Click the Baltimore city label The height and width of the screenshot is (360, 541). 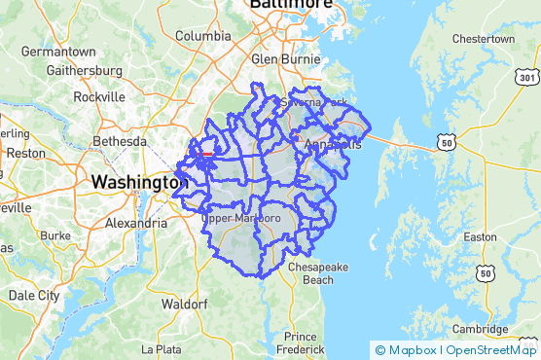point(291,5)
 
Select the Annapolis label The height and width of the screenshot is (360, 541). point(334,144)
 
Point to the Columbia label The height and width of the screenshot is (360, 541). point(203,36)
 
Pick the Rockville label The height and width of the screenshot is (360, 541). point(99,97)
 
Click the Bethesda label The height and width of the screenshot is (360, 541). point(119,141)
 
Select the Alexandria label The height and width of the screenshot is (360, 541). point(135,223)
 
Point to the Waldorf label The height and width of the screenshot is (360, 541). point(184,304)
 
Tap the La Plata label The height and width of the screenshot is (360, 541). point(162,348)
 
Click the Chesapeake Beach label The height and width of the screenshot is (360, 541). point(306,273)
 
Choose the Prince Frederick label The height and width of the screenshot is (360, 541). point(299,342)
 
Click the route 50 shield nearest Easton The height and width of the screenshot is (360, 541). point(485,275)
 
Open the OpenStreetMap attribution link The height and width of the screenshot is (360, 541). point(492,350)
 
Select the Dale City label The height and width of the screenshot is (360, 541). point(34,295)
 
